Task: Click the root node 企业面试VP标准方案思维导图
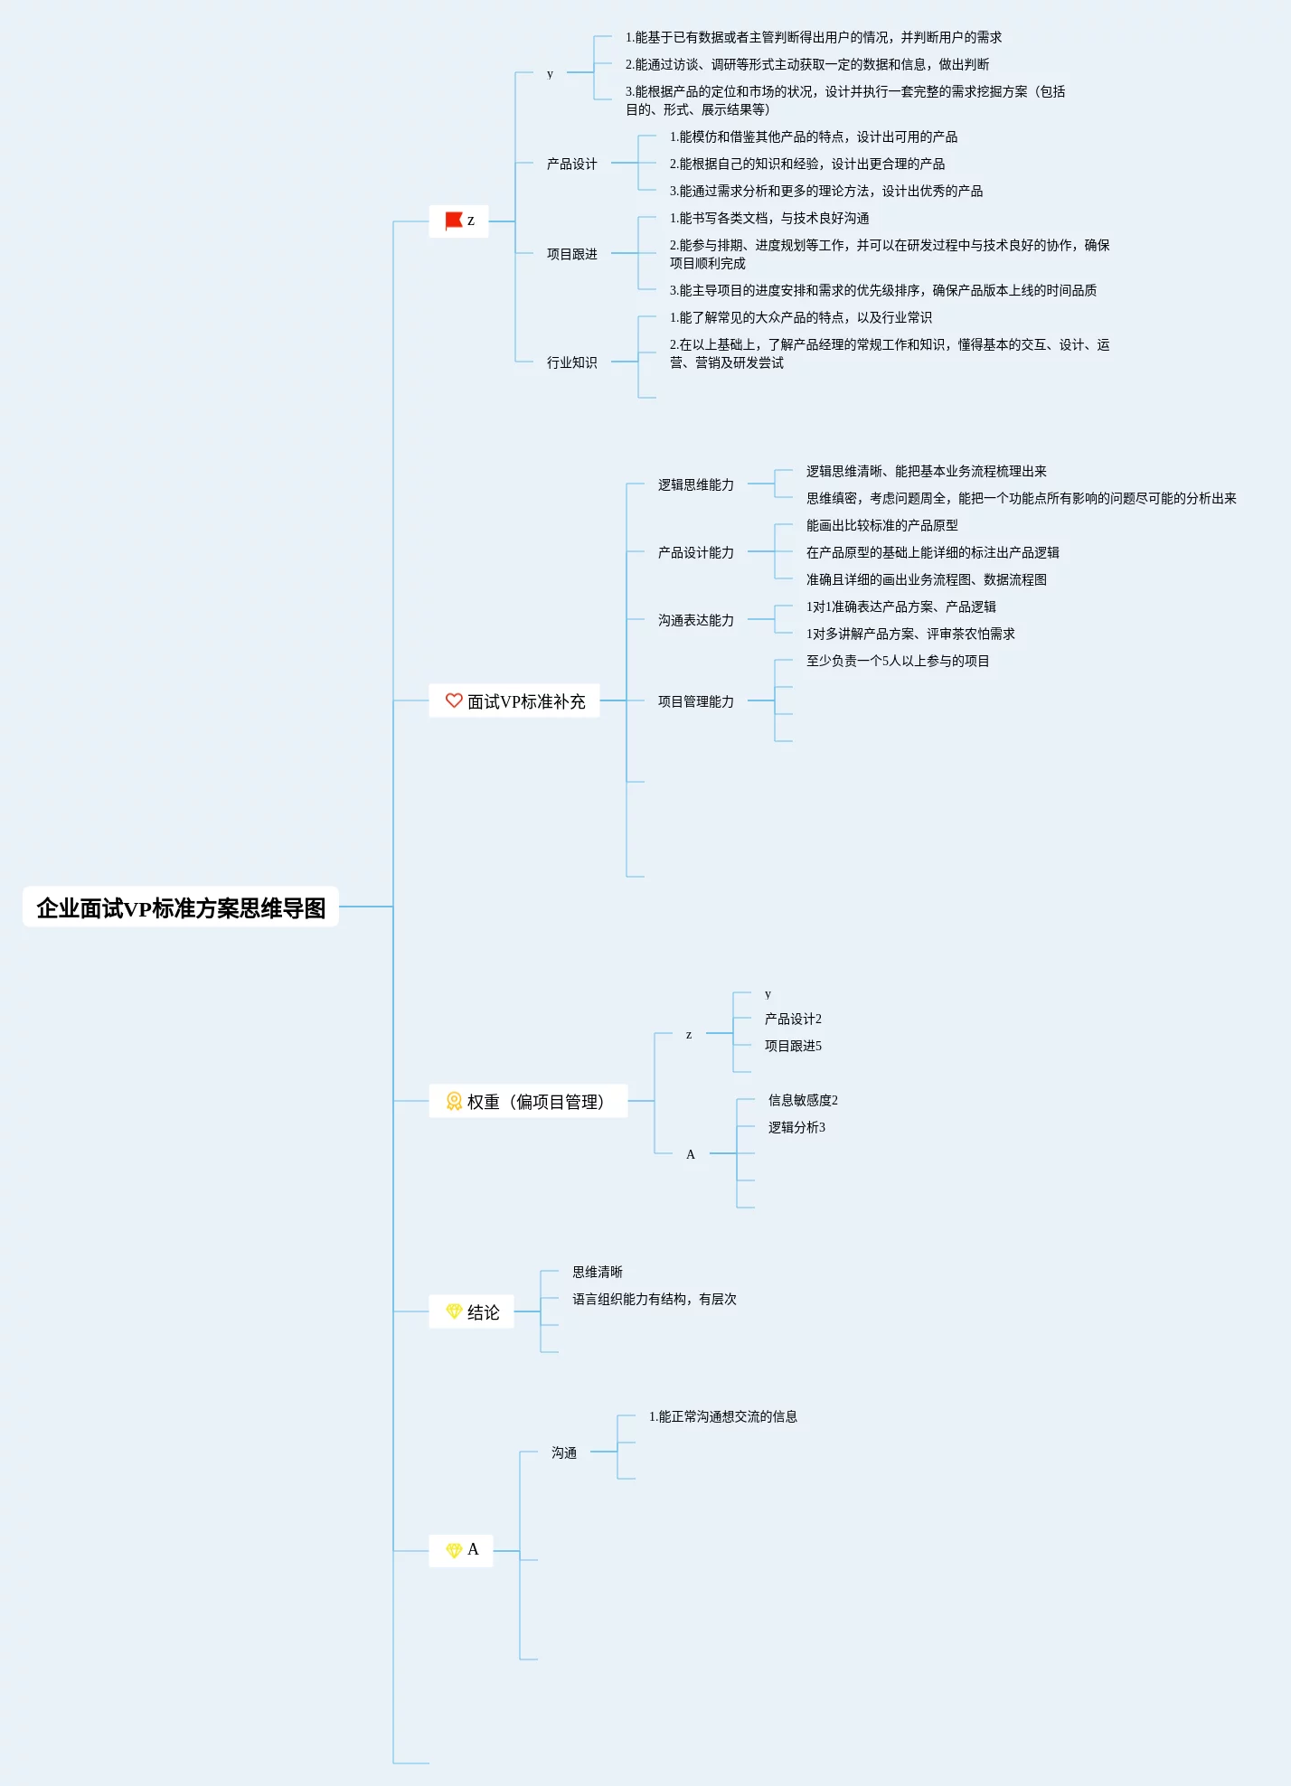click(x=181, y=907)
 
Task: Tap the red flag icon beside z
click(x=454, y=221)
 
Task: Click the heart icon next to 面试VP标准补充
click(x=454, y=700)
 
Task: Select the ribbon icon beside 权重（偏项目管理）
click(x=454, y=1101)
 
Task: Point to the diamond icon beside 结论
click(x=454, y=1311)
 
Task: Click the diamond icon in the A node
click(x=454, y=1550)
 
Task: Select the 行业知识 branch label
click(x=571, y=362)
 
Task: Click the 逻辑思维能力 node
click(x=695, y=484)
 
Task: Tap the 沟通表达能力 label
click(x=695, y=620)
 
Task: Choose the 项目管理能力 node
click(x=695, y=701)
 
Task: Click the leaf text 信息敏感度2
click(x=803, y=1100)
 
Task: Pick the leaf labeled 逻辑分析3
click(x=796, y=1127)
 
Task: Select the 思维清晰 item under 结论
click(x=597, y=1272)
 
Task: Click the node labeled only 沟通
click(x=564, y=1452)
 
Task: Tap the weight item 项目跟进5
click(x=793, y=1046)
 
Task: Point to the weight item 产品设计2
click(x=793, y=1019)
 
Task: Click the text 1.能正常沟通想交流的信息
click(x=722, y=1416)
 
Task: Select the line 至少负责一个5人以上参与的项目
click(x=898, y=661)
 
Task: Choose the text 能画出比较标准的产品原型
click(x=881, y=525)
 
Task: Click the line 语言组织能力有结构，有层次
click(x=654, y=1299)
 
